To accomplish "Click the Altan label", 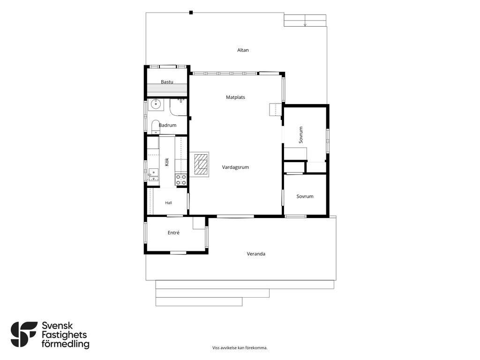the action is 243,50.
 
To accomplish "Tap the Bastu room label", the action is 167,82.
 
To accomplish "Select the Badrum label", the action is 167,125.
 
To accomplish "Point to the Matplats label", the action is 235,97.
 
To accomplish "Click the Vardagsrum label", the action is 235,167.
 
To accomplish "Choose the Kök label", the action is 167,162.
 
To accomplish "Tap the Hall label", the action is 168,202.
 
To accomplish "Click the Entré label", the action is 173,232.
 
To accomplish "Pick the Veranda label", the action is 256,254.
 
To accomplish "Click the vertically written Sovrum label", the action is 300,135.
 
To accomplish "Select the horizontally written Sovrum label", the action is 305,196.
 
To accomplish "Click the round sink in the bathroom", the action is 156,105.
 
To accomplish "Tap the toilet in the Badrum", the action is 156,127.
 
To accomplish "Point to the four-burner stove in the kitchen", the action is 181,180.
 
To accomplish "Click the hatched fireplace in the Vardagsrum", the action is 201,165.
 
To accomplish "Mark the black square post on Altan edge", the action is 191,13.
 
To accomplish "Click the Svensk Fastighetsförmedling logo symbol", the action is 24,334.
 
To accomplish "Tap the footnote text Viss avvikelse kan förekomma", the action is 240,348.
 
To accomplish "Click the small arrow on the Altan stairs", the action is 305,25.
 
